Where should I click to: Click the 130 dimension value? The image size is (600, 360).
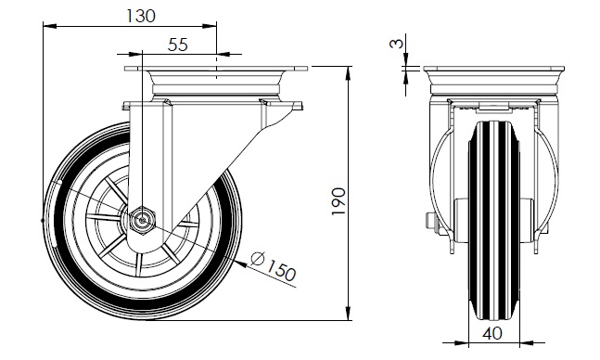click(140, 16)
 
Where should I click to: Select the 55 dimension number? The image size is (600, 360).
click(178, 45)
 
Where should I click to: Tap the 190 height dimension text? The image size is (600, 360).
click(338, 201)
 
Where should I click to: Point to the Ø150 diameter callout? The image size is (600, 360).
click(274, 265)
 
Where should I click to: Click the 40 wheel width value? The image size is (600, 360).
click(492, 334)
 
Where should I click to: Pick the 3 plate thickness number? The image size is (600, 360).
click(397, 44)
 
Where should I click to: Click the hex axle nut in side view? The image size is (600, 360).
click(142, 220)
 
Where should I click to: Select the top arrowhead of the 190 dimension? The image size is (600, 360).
click(348, 73)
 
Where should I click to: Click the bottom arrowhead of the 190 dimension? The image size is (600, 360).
click(348, 314)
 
